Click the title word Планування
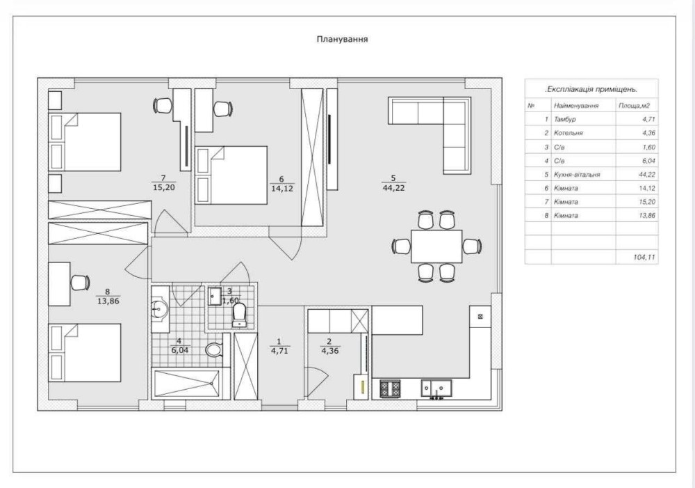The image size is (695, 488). point(342,39)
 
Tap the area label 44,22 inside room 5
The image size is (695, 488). point(393,188)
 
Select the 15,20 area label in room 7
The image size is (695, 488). point(164,187)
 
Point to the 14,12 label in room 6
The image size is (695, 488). point(282,188)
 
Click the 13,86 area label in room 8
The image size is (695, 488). point(108,301)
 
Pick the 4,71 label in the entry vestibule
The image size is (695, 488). point(279,351)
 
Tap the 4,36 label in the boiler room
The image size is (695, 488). point(329,351)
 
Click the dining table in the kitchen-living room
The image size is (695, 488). point(436,246)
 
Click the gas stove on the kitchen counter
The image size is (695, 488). point(390,388)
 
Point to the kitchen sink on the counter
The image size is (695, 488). point(436,388)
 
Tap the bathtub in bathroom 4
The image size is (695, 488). point(186,383)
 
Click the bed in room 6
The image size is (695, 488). point(231,175)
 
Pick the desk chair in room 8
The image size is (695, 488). point(81,283)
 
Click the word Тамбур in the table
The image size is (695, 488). point(564,120)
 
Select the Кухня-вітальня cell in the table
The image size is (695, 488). point(577,175)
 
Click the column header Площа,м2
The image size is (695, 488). point(635,106)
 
